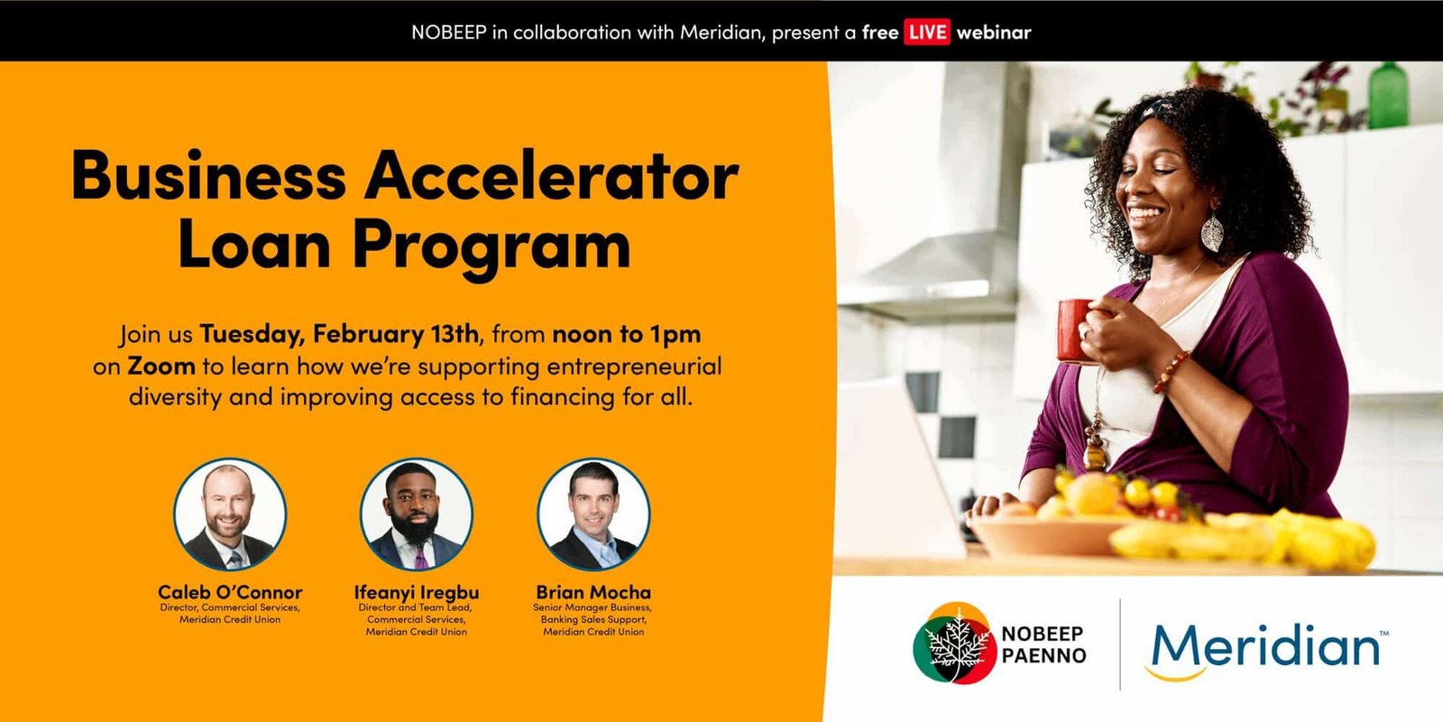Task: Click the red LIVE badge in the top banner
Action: pos(927,32)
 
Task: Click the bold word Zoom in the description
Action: pos(161,366)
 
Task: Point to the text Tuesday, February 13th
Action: pos(339,334)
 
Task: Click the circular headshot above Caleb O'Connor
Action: pos(230,514)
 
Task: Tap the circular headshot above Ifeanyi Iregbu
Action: pos(416,514)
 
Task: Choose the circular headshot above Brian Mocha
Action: pos(593,514)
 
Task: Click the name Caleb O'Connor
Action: pos(230,592)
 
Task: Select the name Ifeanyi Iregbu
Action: pos(416,592)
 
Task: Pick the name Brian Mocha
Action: pos(593,592)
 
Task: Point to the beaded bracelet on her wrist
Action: pos(1172,371)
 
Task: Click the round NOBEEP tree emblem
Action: pos(955,643)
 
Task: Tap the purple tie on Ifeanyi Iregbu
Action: pos(420,557)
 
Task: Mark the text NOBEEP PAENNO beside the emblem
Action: pos(1043,644)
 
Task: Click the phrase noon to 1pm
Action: pos(627,334)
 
